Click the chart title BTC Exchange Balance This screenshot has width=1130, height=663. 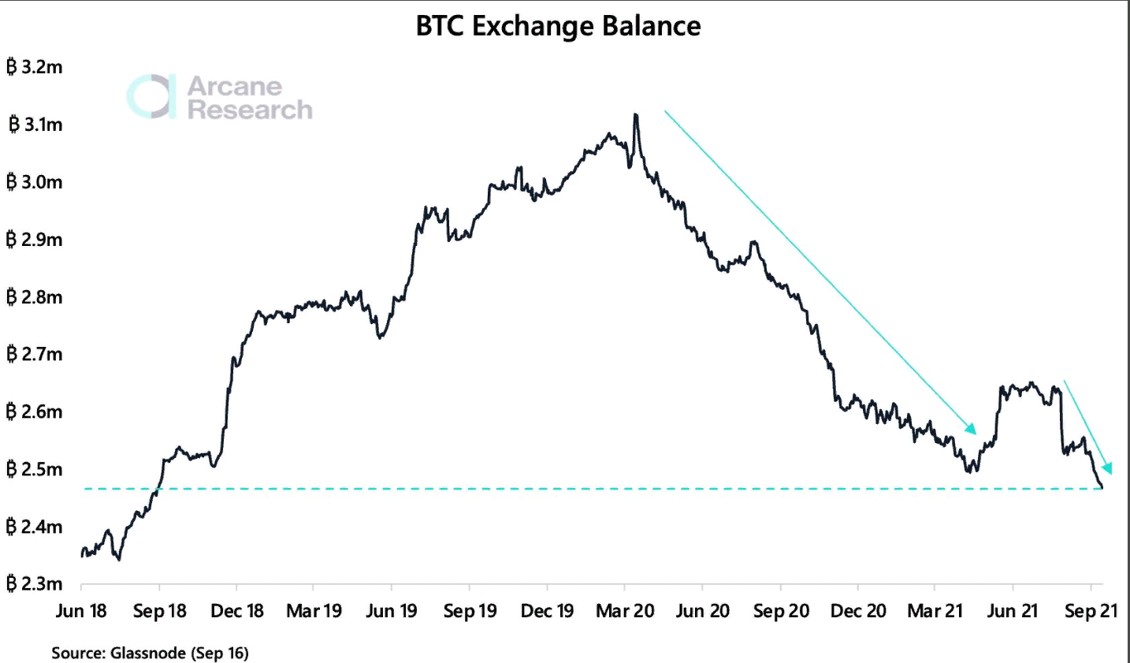point(558,27)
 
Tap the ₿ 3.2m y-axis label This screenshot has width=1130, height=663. point(35,67)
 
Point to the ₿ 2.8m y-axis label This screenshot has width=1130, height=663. point(35,297)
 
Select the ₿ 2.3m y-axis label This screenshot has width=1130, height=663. point(35,584)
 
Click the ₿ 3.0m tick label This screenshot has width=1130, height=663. point(35,182)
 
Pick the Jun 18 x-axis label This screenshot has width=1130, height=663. point(81,611)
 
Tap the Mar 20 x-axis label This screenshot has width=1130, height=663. point(625,611)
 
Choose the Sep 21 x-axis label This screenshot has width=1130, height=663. point(1091,611)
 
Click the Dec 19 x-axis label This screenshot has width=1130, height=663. point(548,611)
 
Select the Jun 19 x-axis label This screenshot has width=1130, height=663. point(392,611)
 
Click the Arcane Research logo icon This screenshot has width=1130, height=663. point(151,97)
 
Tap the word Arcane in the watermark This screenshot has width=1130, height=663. point(234,86)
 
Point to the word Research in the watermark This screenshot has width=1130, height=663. point(250,110)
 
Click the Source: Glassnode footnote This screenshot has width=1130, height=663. point(150,653)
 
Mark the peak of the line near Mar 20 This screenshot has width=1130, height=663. point(635,115)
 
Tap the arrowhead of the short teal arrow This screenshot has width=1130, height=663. point(1107,469)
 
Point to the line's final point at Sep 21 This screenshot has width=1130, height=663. point(1102,488)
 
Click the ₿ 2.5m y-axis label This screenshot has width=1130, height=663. point(35,470)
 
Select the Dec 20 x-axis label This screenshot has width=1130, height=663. point(858,611)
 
